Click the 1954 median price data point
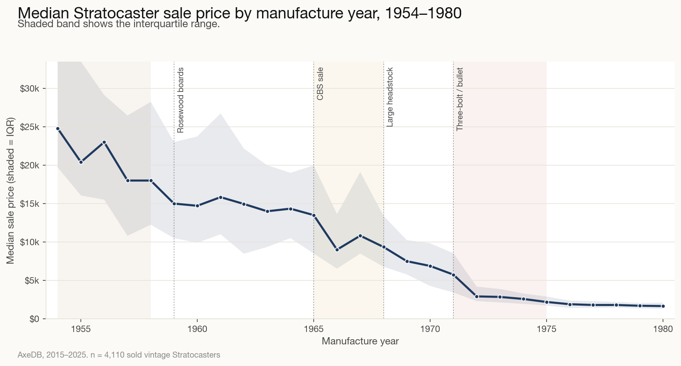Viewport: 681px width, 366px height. (58, 129)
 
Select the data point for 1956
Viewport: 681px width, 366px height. (104, 142)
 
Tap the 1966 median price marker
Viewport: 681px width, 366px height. (337, 250)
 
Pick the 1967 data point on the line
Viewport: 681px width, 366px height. (360, 236)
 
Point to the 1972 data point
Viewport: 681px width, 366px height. (477, 296)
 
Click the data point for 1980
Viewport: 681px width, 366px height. (663, 306)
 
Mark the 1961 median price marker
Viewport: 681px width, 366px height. (220, 197)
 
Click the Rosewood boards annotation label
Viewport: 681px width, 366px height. (180, 100)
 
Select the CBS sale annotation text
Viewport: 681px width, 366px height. (320, 84)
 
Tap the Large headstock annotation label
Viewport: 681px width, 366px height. (390, 97)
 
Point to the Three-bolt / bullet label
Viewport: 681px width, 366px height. (460, 99)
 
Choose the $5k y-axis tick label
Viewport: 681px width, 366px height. (32, 281)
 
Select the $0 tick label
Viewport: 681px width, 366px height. (34, 319)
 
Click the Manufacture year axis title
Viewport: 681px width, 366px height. (360, 341)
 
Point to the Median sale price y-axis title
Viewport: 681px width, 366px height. (11, 190)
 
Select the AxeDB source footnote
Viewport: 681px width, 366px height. (119, 355)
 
